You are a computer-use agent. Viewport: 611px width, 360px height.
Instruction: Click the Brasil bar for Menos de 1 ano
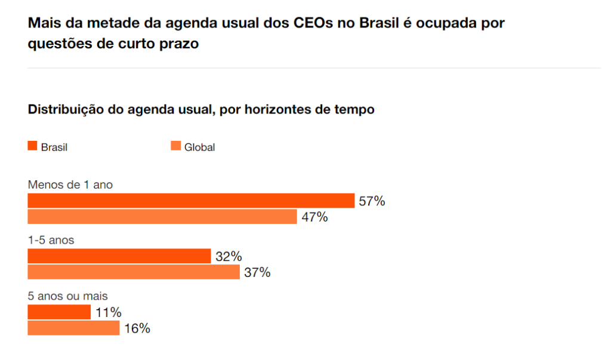(191, 201)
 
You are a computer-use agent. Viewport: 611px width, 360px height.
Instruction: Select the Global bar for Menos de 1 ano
(162, 217)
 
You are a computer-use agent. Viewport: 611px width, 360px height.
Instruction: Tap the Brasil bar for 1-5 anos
(119, 256)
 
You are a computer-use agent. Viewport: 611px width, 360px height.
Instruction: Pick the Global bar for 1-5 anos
(134, 272)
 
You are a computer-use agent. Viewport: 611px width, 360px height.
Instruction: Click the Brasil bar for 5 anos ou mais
(59, 312)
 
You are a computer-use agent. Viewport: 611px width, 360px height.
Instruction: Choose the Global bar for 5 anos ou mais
(73, 328)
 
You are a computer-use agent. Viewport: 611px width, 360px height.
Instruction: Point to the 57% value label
(372, 201)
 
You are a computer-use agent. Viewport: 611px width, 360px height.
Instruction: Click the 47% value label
(314, 217)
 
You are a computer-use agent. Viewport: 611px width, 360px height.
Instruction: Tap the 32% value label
(229, 257)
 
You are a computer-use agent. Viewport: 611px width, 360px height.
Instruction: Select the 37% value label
(257, 273)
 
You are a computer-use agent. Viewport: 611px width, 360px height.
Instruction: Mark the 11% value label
(109, 312)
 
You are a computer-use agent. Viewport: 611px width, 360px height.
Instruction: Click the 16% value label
(137, 328)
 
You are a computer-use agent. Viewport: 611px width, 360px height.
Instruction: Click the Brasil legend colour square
(32, 146)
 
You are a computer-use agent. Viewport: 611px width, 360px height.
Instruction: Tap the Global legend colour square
(175, 146)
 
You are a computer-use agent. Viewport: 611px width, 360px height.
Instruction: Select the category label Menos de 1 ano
(70, 185)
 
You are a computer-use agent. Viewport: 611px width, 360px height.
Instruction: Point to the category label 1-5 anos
(51, 241)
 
